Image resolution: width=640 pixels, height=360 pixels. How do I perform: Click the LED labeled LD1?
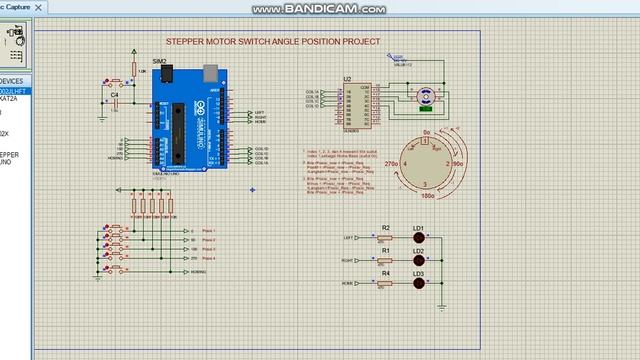[x=419, y=239]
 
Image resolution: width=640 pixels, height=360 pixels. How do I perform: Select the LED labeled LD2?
[x=419, y=261]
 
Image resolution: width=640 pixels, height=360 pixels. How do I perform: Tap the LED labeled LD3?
[x=419, y=284]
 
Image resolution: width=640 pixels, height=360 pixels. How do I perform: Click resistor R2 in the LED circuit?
[x=385, y=238]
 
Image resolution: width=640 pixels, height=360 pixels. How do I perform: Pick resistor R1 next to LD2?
[x=385, y=260]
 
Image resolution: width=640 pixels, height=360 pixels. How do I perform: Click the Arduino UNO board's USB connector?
[x=210, y=73]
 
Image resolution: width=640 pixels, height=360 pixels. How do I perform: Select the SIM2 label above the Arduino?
[x=159, y=61]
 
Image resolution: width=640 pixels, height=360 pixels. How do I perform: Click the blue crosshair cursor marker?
[x=252, y=189]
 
